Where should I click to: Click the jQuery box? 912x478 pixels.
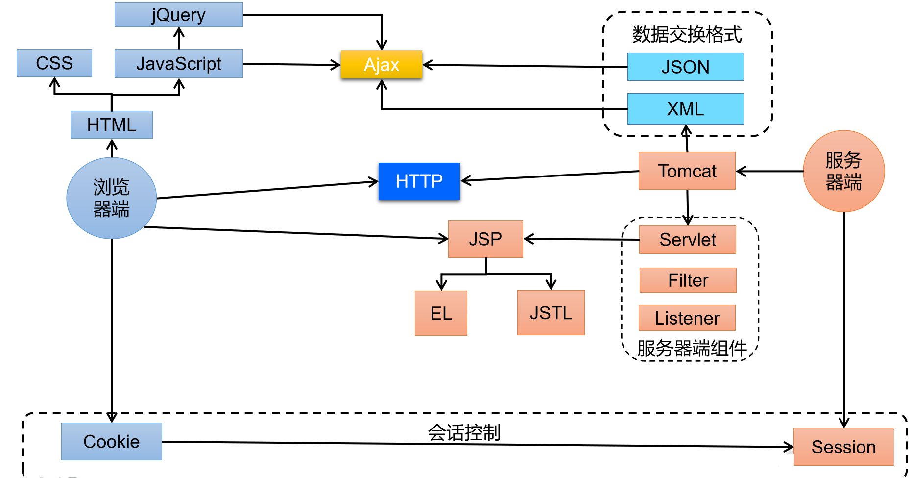(x=178, y=15)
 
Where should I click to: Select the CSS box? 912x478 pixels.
(x=54, y=63)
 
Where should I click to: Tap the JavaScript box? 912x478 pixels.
(x=178, y=63)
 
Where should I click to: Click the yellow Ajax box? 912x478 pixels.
(x=381, y=64)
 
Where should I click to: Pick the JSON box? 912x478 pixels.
(x=685, y=67)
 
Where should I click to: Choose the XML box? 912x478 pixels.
(x=685, y=108)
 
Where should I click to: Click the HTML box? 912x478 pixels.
(x=111, y=125)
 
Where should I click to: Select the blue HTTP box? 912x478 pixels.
(x=419, y=181)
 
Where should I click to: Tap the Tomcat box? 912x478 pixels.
(x=687, y=171)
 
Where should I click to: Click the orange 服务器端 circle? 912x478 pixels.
(x=843, y=171)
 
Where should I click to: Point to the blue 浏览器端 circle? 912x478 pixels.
(x=111, y=198)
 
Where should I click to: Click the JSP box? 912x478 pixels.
(x=485, y=239)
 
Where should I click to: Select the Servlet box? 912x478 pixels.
(x=687, y=239)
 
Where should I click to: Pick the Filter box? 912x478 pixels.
(x=688, y=280)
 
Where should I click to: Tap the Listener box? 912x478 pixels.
(x=687, y=318)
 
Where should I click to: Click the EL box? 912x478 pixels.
(x=441, y=313)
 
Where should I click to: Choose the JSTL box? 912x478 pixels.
(x=551, y=312)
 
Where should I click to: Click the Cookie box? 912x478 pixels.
(x=111, y=441)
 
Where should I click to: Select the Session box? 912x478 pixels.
(x=843, y=447)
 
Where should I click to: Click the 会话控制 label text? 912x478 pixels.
(x=464, y=432)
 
